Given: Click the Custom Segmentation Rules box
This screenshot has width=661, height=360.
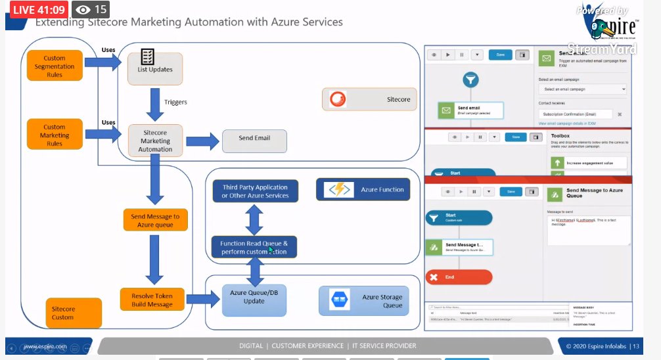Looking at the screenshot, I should (55, 66).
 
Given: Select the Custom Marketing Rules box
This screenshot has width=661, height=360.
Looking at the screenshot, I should (55, 135).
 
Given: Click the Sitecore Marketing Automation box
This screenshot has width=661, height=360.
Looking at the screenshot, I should (155, 141).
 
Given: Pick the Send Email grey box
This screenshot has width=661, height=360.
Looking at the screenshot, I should (254, 139).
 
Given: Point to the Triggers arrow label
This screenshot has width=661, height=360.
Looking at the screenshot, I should (175, 102).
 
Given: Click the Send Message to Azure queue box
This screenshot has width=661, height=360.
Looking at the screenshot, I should (155, 220).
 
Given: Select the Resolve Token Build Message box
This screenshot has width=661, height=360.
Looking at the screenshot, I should (152, 300).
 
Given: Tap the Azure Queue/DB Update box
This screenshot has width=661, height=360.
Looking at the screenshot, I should (254, 297).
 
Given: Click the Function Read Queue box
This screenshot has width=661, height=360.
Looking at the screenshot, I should (254, 247).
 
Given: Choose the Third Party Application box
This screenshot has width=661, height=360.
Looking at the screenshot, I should (255, 191).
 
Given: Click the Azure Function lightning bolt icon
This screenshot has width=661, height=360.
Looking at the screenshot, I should (340, 189).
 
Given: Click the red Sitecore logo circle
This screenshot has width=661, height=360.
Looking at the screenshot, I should (336, 99).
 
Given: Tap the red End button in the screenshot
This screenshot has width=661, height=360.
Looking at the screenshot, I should (458, 277).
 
